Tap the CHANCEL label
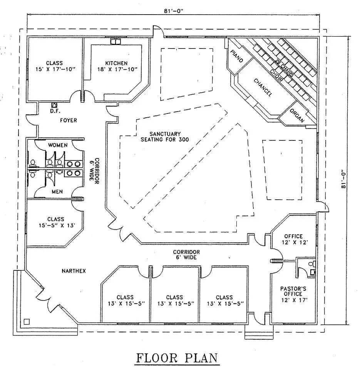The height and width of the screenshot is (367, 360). (263, 87)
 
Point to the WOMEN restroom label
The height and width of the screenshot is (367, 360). (58, 145)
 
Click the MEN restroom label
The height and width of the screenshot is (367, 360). (57, 192)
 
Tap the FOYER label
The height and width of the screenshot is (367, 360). (68, 120)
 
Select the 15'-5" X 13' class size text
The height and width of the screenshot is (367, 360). (56, 225)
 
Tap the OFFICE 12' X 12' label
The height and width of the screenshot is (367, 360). (293, 239)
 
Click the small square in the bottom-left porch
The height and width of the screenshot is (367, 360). (26, 321)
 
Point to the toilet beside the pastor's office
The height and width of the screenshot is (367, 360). (313, 265)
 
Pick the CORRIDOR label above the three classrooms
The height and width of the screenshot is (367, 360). (186, 252)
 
